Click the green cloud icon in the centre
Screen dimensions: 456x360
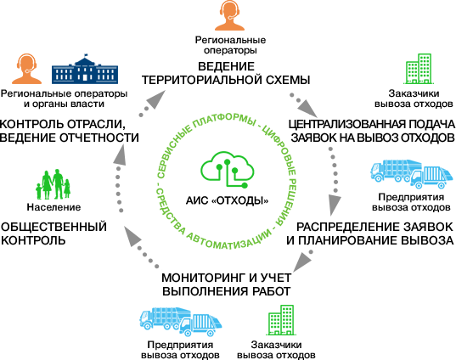[228, 169]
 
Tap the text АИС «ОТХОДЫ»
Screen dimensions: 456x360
[227, 200]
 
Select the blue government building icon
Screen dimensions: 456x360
[85, 70]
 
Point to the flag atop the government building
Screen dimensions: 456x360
[86, 55]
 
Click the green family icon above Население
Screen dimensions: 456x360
[53, 184]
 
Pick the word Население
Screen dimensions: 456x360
[53, 207]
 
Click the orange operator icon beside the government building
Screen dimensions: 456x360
[27, 69]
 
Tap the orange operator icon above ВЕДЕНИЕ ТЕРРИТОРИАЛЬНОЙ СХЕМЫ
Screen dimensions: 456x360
[230, 15]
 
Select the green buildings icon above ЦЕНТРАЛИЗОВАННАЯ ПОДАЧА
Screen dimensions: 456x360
[419, 69]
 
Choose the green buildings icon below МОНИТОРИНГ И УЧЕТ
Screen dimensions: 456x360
[281, 320]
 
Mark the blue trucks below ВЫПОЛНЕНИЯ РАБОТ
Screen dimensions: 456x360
[181, 322]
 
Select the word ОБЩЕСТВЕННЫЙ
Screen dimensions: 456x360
[53, 227]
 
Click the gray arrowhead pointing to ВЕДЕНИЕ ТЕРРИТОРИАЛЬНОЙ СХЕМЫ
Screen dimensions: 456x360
[155, 98]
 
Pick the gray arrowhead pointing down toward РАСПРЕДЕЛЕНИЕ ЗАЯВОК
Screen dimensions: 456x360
[335, 205]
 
